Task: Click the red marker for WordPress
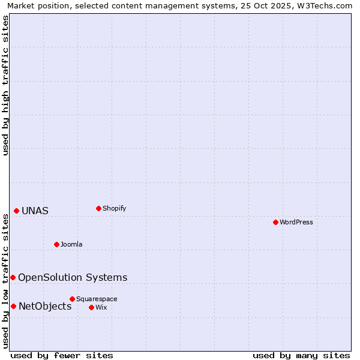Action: point(275,222)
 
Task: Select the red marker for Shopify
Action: point(98,208)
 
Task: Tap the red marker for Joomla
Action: point(56,244)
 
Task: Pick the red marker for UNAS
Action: point(16,211)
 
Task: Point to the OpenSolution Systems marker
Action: point(13,277)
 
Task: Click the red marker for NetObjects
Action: point(13,306)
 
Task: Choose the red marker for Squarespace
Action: point(72,299)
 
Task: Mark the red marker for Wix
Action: point(91,307)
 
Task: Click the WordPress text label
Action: point(296,223)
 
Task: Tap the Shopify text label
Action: point(115,209)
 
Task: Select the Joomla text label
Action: point(71,245)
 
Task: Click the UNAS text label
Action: point(35,211)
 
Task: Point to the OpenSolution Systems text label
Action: point(73,277)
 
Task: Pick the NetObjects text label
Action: point(45,307)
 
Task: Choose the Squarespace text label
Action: point(97,299)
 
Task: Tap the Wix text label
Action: point(101,308)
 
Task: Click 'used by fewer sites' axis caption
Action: point(62,355)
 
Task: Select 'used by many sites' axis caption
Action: point(301,355)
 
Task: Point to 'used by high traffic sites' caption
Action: point(5,85)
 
